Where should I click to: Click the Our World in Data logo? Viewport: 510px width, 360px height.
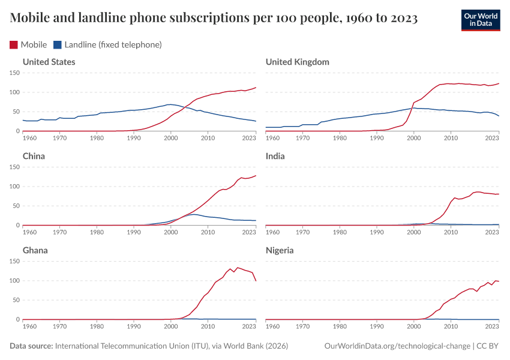[480, 19]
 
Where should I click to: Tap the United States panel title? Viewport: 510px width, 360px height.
[49, 62]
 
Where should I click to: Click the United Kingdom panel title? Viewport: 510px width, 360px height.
[297, 62]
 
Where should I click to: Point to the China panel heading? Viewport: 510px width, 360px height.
[34, 156]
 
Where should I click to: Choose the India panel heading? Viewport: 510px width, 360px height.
[275, 156]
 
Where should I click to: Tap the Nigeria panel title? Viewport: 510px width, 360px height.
[280, 250]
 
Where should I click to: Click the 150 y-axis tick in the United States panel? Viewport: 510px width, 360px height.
[15, 73]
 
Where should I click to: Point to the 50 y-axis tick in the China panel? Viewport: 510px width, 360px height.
[17, 206]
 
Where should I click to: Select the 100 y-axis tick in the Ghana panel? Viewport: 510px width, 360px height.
[15, 281]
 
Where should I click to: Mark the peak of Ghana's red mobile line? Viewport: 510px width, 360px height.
[238, 268]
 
